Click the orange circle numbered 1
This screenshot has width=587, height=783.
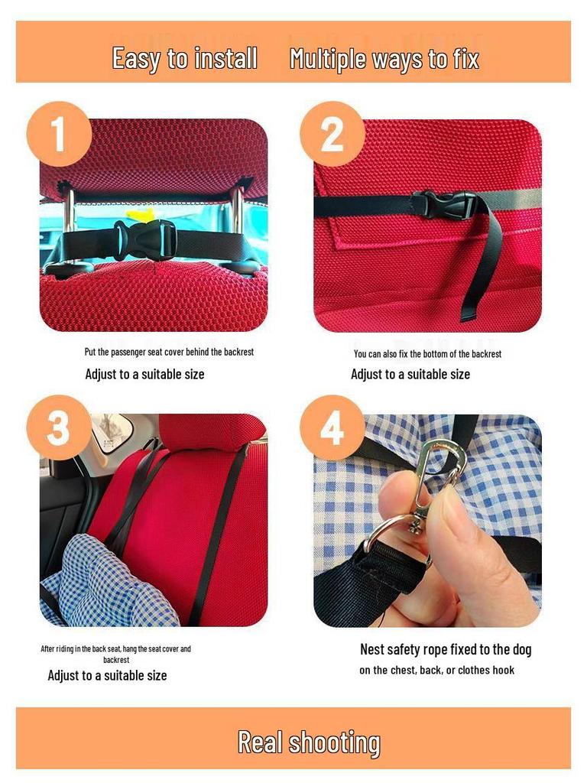pos(59,134)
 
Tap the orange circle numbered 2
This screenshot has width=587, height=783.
pos(332,134)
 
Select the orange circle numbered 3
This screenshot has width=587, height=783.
pos(59,427)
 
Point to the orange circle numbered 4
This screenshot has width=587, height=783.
pos(332,427)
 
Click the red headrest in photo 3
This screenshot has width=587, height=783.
pos(212,430)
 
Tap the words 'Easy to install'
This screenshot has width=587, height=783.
pos(185,58)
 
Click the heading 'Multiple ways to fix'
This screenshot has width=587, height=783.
pos(384,58)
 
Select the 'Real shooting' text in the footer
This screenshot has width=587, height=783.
pos(309,742)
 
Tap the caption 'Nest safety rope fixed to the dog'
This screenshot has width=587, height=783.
pos(446,650)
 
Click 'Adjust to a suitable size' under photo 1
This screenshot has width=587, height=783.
pos(144,374)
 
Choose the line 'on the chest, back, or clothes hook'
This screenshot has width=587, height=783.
pos(436,670)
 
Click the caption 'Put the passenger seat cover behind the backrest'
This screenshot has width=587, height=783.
pos(169,352)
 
